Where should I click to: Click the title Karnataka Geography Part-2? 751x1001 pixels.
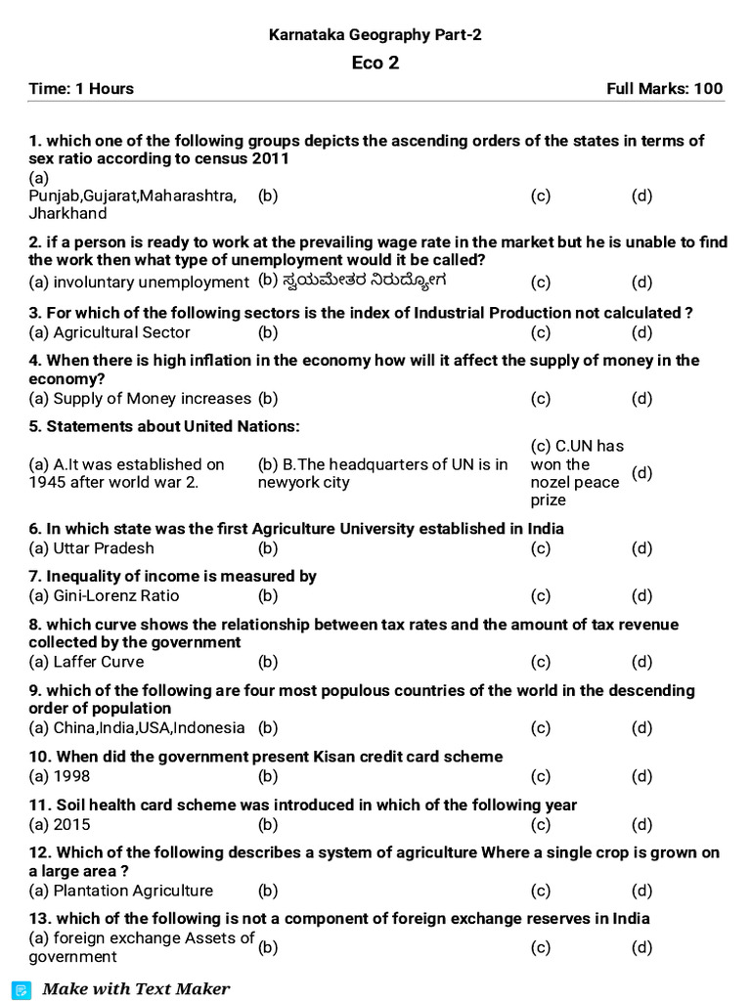pyautogui.click(x=375, y=35)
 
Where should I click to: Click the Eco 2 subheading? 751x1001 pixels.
pyautogui.click(x=375, y=64)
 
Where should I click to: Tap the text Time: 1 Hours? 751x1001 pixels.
pyautogui.click(x=81, y=89)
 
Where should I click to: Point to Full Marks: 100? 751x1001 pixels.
pyautogui.click(x=665, y=89)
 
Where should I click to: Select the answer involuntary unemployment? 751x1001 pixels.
pyautogui.click(x=139, y=283)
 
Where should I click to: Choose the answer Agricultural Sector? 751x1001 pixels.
pyautogui.click(x=110, y=332)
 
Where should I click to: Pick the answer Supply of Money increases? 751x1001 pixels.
pyautogui.click(x=140, y=399)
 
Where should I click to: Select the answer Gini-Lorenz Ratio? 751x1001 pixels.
pyautogui.click(x=105, y=596)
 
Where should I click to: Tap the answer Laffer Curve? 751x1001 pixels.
pyautogui.click(x=87, y=662)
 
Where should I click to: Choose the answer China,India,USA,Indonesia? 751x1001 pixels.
pyautogui.click(x=137, y=728)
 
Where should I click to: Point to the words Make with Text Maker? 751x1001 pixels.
pyautogui.click(x=136, y=989)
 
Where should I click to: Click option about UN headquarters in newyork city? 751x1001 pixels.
pyautogui.click(x=382, y=474)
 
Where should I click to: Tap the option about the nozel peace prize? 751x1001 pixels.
pyautogui.click(x=575, y=473)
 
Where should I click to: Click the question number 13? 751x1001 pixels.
pyautogui.click(x=40, y=919)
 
